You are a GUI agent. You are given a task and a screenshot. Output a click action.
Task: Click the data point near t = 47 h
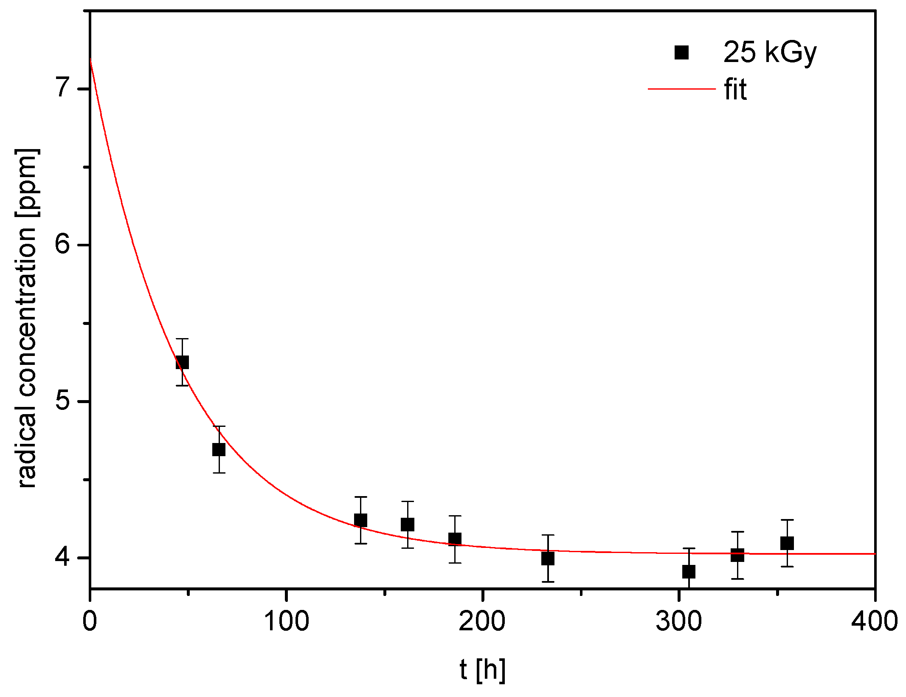[x=182, y=362]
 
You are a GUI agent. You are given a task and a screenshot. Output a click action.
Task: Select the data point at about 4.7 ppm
[x=219, y=449]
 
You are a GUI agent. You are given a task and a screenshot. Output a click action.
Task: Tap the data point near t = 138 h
[x=360, y=520]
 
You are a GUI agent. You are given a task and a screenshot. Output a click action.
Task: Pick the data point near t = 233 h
[x=548, y=558]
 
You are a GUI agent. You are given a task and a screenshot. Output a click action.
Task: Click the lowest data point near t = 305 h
[x=689, y=572]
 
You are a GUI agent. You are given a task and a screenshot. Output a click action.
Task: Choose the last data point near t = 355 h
[x=787, y=543]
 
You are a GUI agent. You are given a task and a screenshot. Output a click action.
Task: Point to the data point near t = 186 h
[x=455, y=539]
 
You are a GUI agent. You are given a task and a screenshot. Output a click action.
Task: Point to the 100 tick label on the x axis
[x=287, y=621]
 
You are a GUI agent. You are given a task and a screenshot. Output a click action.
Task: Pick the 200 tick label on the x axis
[x=482, y=621]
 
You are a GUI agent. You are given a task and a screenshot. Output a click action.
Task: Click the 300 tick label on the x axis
[x=678, y=621]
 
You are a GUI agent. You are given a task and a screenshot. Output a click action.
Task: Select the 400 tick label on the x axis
[x=875, y=621]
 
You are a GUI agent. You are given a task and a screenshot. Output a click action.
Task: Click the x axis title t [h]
[x=482, y=670]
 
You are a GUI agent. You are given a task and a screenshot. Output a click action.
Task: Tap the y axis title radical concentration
[x=27, y=319]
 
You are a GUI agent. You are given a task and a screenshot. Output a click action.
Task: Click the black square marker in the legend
[x=681, y=53]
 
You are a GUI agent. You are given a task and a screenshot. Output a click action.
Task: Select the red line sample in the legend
[x=681, y=89]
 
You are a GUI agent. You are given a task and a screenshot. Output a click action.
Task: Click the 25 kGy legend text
[x=770, y=53]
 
